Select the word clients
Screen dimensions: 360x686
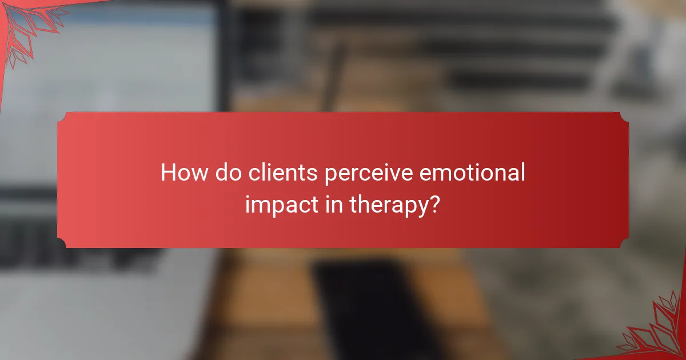click(x=284, y=173)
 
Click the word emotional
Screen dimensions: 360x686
click(x=473, y=173)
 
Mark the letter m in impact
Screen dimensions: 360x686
click(x=260, y=205)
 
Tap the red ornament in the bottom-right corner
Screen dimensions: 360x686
click(x=657, y=331)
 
